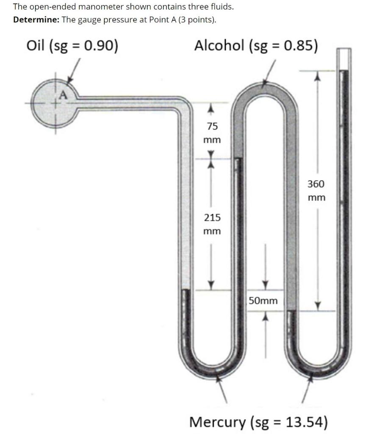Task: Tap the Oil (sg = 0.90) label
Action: pos(72,45)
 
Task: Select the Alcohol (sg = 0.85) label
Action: pos(256,45)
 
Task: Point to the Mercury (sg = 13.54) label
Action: pos(258,422)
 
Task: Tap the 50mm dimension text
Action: pos(263,301)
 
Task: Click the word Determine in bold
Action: pos(36,19)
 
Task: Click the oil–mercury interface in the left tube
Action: pos(185,289)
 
